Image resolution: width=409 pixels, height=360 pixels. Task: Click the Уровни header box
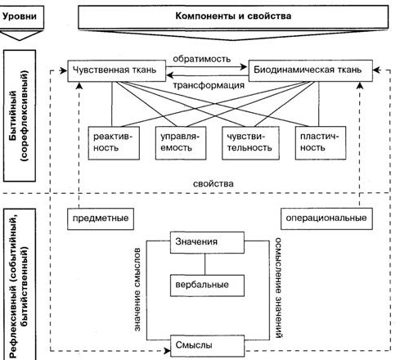tap(20, 17)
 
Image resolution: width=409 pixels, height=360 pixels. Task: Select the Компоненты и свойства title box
tap(233, 16)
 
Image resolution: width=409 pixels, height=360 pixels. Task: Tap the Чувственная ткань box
tap(117, 70)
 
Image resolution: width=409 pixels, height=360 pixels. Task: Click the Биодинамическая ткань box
tap(311, 70)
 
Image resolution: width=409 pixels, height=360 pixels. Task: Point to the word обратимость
tap(201, 59)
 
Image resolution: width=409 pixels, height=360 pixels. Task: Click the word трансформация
tap(209, 85)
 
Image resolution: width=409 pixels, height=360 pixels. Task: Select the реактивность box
tap(114, 143)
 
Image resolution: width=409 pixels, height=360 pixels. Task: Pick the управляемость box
tap(181, 143)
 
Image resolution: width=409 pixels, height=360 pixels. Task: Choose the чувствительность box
tap(250, 143)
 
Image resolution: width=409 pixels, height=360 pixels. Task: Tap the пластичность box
tap(321, 143)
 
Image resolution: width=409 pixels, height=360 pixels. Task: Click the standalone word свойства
tap(213, 184)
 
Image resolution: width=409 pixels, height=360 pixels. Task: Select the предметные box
tap(101, 219)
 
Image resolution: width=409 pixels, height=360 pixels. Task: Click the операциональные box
tap(326, 218)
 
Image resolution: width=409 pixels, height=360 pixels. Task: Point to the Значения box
tap(207, 242)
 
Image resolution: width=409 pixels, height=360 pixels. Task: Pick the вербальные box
tap(207, 286)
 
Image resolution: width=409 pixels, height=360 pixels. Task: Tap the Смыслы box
tap(207, 346)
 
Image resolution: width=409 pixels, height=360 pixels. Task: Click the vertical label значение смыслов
tap(137, 290)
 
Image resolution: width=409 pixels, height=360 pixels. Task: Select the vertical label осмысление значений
tap(278, 288)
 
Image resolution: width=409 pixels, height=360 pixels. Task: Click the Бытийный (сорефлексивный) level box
tap(20, 115)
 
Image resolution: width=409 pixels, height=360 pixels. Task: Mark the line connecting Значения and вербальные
tap(204, 264)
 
